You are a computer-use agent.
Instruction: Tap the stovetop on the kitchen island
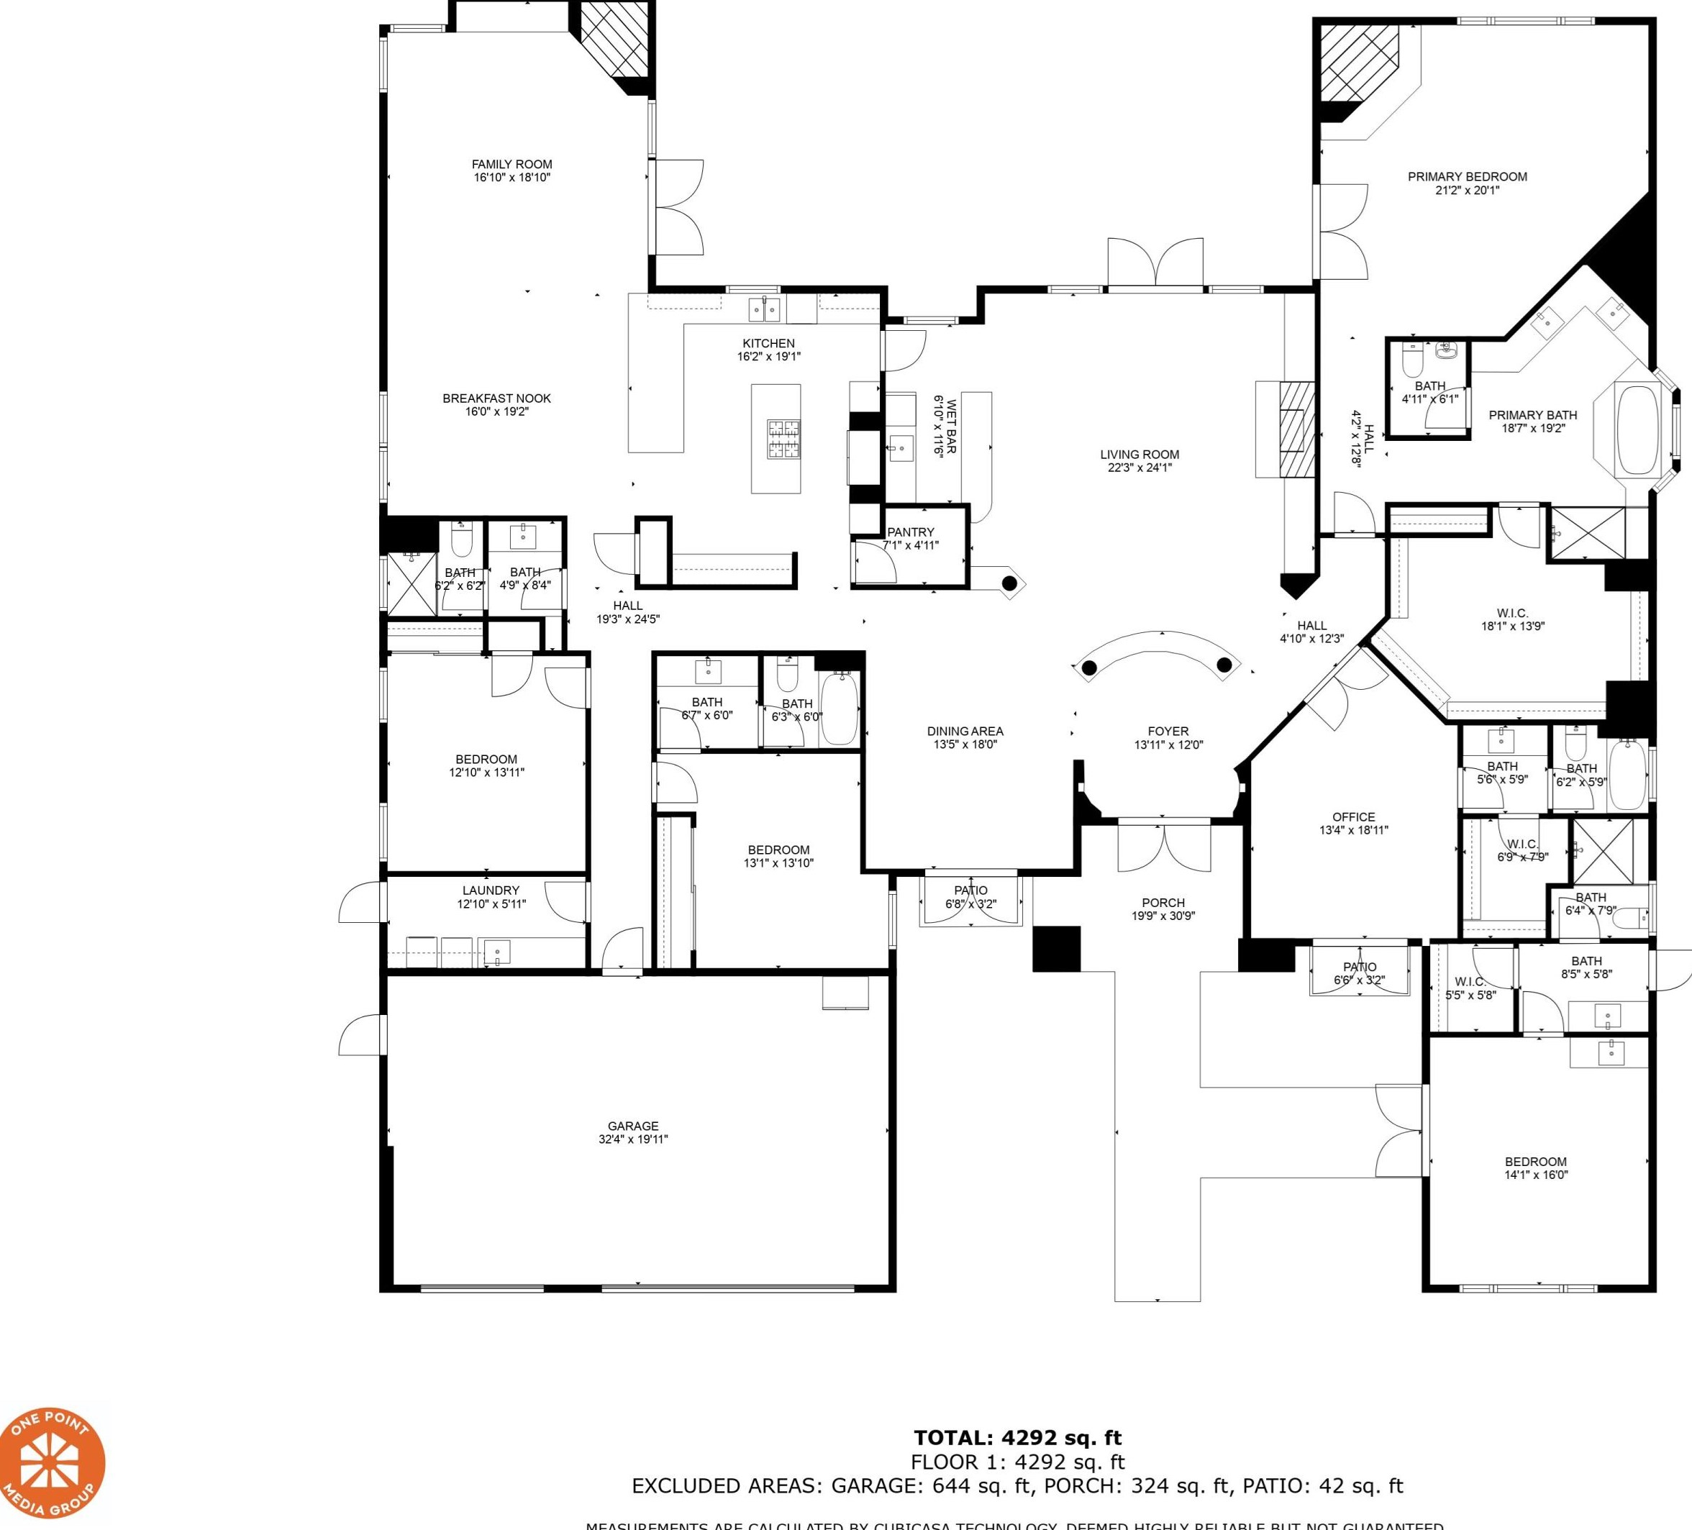[782, 439]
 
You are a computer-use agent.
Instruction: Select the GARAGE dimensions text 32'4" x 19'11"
[633, 1139]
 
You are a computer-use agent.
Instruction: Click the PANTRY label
[910, 532]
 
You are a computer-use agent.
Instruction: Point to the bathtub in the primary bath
[1637, 429]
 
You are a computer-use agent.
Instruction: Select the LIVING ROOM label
[1139, 455]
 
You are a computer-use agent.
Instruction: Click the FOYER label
[1168, 731]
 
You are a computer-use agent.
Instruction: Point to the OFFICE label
[1353, 816]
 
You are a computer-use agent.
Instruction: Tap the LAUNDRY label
[490, 891]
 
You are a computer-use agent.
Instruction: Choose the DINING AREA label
[964, 731]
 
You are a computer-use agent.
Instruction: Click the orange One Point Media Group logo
[52, 1464]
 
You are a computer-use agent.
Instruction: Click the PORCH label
[1163, 903]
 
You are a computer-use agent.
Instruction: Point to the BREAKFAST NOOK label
[496, 399]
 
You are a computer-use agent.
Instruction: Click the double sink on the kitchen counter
[764, 311]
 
